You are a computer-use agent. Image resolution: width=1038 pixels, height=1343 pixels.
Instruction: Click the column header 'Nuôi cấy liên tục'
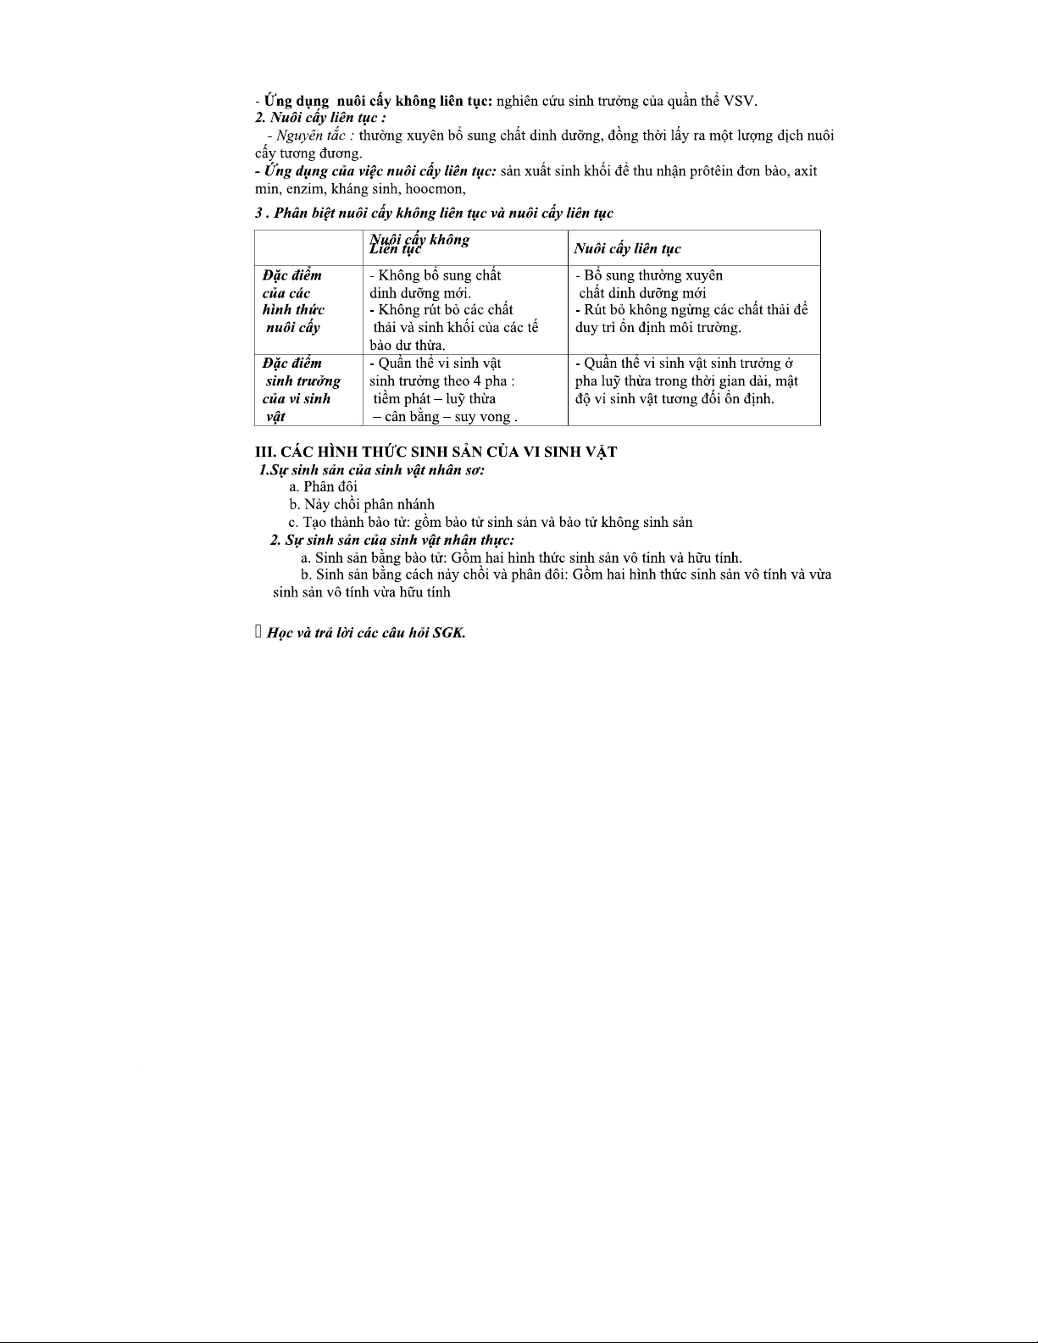(627, 248)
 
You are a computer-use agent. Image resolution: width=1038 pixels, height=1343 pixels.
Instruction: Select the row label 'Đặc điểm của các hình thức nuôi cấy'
(293, 301)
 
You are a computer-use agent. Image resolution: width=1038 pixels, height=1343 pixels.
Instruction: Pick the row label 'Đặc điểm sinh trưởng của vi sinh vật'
(301, 390)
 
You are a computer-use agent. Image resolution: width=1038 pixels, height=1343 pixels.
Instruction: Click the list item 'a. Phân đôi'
(324, 486)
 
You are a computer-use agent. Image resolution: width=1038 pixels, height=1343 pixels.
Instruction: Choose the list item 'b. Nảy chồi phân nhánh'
(362, 504)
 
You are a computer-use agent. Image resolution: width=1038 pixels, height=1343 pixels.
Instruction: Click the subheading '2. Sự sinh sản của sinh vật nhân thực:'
(392, 540)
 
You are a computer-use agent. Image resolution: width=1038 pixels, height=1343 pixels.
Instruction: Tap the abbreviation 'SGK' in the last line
(447, 633)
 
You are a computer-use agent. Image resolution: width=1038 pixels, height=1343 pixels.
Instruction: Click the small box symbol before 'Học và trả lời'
(258, 632)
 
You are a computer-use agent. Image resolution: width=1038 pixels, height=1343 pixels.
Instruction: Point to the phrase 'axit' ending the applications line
(805, 171)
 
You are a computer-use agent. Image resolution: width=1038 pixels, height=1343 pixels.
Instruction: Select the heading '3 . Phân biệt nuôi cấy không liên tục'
(434, 213)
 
